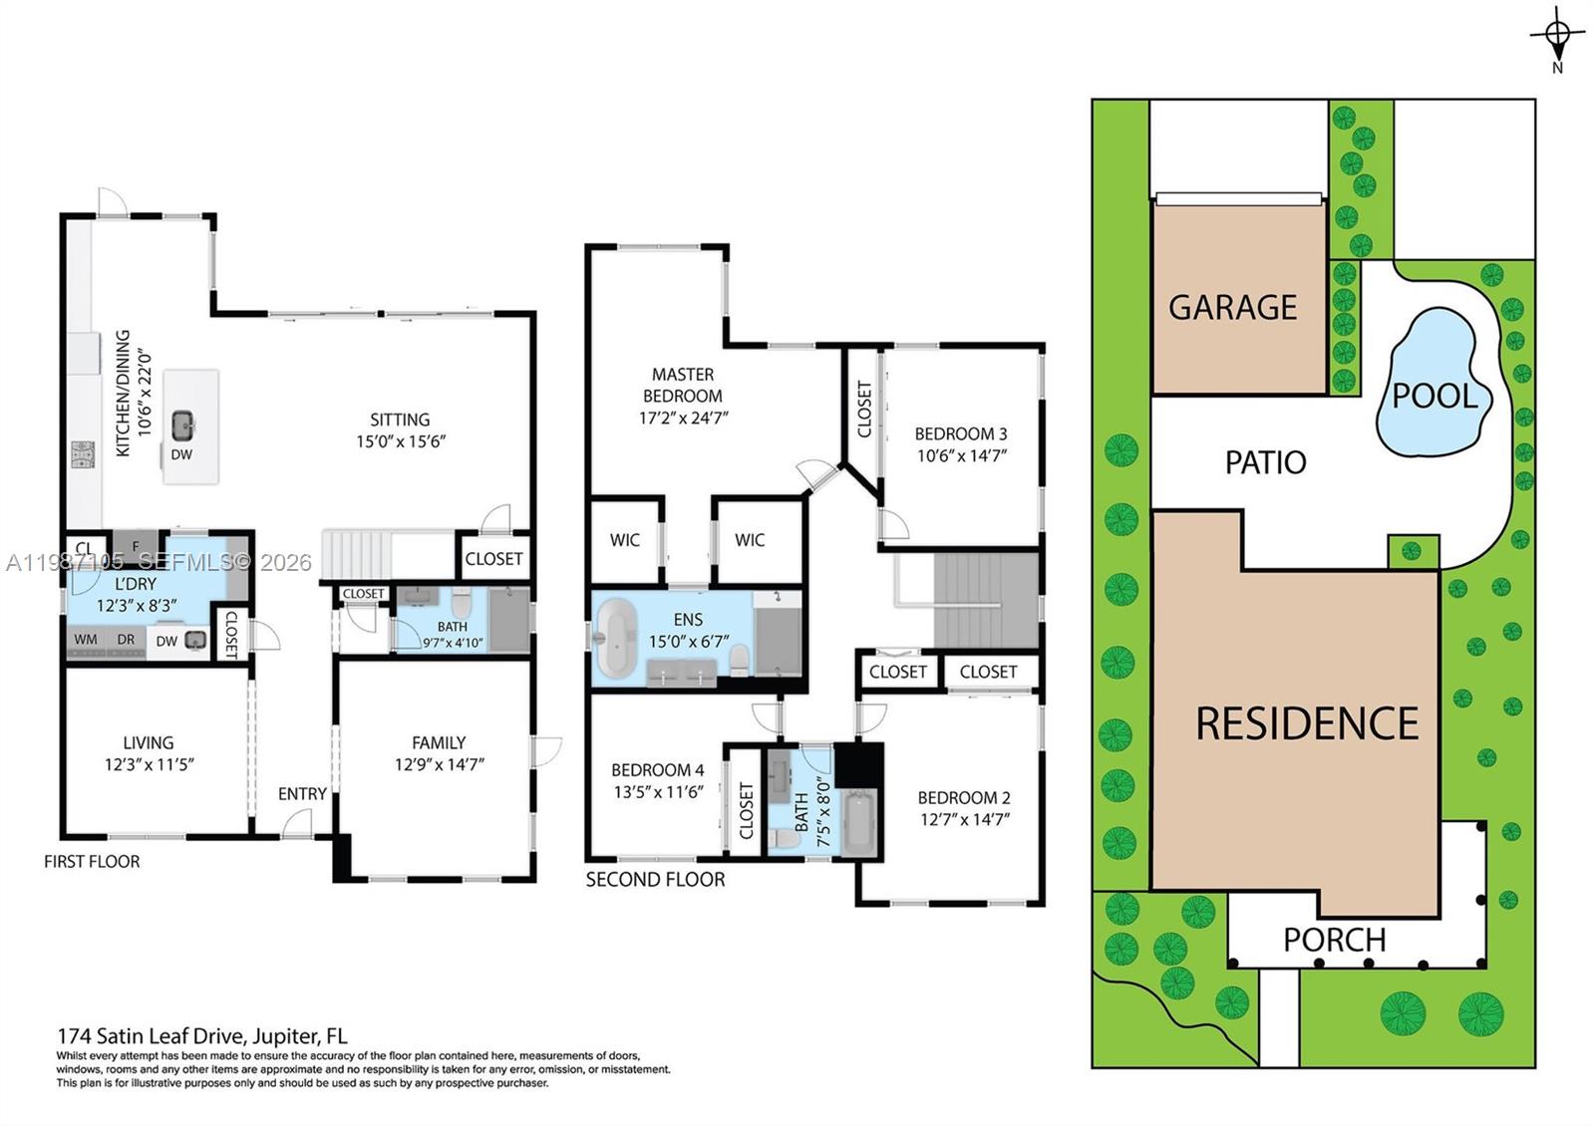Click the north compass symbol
(x=1557, y=34)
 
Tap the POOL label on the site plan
(x=1435, y=396)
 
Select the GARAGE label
(x=1232, y=307)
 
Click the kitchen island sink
(x=182, y=426)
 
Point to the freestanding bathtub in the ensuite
(x=615, y=639)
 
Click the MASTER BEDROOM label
(x=683, y=385)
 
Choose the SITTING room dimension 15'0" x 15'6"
(x=400, y=441)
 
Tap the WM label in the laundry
(x=86, y=640)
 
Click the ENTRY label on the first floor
(x=302, y=794)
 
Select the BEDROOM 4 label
(x=657, y=770)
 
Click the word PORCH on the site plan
(x=1334, y=940)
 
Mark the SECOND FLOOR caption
(x=655, y=879)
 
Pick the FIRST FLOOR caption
(x=92, y=861)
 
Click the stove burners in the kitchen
(x=82, y=454)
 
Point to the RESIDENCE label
(x=1306, y=723)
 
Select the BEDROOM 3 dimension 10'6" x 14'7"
(x=961, y=456)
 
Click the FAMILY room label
(x=439, y=742)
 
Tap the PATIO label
(x=1265, y=462)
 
